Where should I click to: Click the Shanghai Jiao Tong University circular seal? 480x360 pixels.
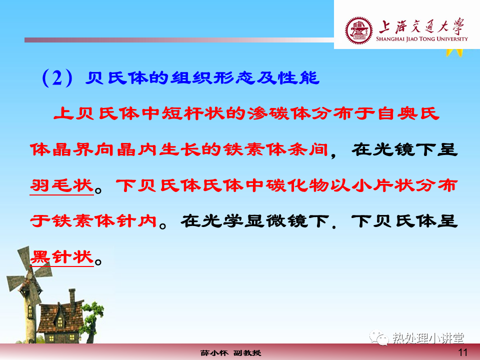pos(359,30)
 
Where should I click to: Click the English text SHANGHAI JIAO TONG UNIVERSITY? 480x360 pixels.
pos(422,39)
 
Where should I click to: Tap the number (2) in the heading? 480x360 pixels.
pos(57,78)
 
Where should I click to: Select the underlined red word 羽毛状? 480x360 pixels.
pos(61,185)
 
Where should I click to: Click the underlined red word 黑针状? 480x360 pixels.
pos(61,257)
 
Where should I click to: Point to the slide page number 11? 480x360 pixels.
pos(462,352)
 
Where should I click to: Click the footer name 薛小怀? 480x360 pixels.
pos(214,353)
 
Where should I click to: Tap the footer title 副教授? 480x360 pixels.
pos(247,353)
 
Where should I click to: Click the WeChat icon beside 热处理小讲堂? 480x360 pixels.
pos(379,337)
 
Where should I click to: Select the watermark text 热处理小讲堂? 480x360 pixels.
pos(428,338)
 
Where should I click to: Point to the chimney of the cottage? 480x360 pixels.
pos(72,296)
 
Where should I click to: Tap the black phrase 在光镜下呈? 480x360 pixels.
pos(404,149)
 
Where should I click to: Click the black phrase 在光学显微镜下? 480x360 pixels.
pos(255,221)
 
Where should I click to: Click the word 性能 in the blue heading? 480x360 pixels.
pos(298,78)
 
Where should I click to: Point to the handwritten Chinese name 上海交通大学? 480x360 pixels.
pos(422,26)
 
